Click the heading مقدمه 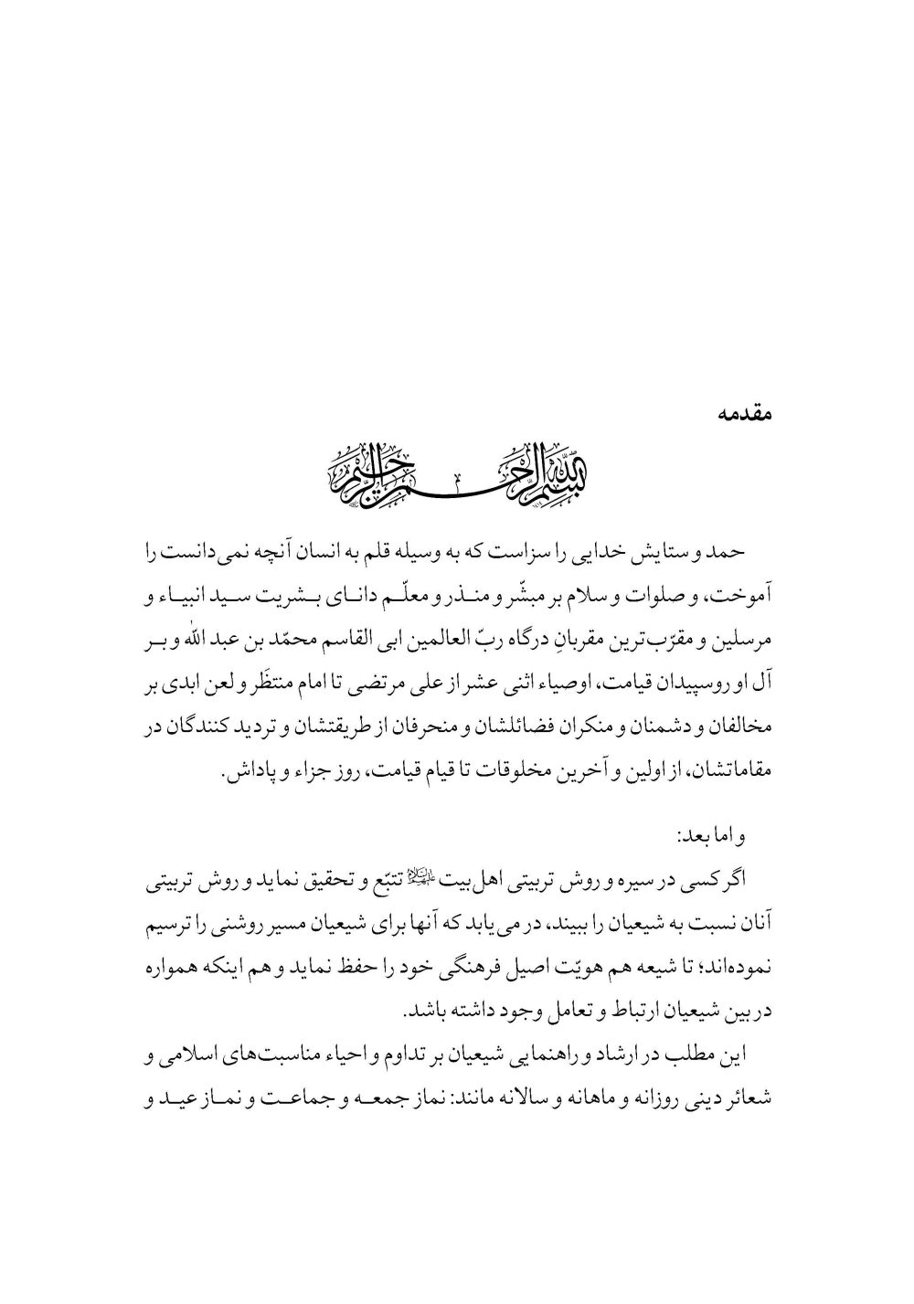tap(742, 412)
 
